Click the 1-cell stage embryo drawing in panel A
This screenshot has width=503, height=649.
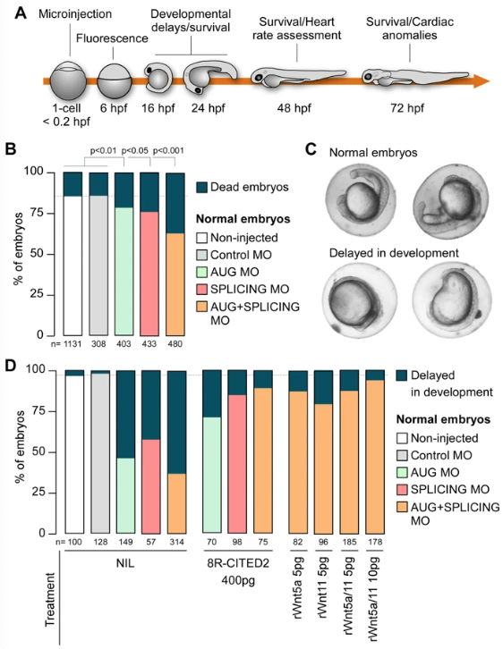(68, 80)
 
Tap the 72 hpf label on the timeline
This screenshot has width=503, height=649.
(407, 108)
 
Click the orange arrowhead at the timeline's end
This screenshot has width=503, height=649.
(481, 80)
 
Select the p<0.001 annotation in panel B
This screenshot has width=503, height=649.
(168, 151)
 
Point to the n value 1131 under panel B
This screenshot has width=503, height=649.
(72, 344)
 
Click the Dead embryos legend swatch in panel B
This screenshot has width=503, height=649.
(201, 187)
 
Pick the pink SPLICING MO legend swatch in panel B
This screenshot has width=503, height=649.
(201, 289)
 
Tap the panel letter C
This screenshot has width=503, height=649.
(311, 149)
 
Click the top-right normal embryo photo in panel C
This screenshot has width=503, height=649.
(451, 201)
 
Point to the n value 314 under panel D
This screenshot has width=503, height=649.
(177, 543)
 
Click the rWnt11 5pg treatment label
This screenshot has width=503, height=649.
(323, 587)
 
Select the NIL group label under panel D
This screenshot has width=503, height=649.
(125, 564)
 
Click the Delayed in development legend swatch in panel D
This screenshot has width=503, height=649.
(402, 375)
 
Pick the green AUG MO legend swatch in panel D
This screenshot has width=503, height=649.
(402, 472)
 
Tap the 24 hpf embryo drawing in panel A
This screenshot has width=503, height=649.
(210, 77)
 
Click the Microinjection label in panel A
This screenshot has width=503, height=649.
(75, 14)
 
